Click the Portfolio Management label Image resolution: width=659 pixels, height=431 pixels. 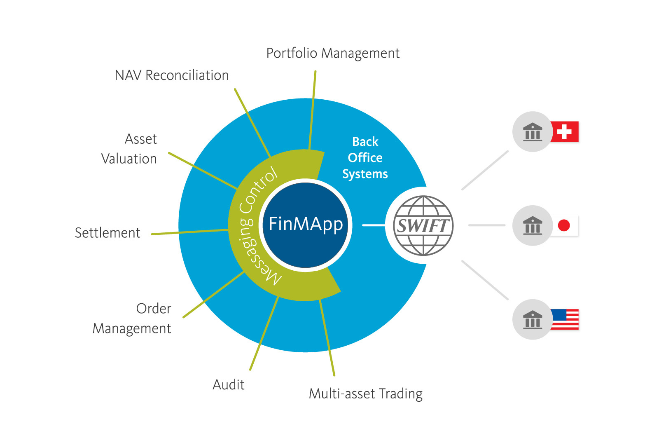[x=333, y=54]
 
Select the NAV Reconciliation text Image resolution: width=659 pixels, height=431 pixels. [x=171, y=75]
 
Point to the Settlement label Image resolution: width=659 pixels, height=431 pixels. [x=107, y=233]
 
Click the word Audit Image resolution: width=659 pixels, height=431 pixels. [x=229, y=384]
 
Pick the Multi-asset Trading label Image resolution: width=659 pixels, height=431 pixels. [x=365, y=394]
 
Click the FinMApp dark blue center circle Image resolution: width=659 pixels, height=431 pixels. [x=305, y=225]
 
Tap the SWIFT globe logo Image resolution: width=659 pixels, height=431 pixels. [x=423, y=225]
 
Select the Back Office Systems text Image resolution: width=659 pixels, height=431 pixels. [x=365, y=158]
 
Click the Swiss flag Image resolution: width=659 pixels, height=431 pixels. [x=565, y=132]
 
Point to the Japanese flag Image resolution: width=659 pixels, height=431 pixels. [x=564, y=225]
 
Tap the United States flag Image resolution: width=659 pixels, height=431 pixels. [x=565, y=319]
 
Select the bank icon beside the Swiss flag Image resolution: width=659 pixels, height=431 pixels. [x=533, y=132]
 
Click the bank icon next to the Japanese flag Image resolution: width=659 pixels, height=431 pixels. [x=533, y=225]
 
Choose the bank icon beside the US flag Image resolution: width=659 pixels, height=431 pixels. [x=533, y=319]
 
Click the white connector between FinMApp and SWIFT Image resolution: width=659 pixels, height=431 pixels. [x=373, y=225]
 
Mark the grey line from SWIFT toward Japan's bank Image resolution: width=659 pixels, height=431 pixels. [x=487, y=225]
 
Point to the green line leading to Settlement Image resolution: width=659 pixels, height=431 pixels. [x=189, y=232]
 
